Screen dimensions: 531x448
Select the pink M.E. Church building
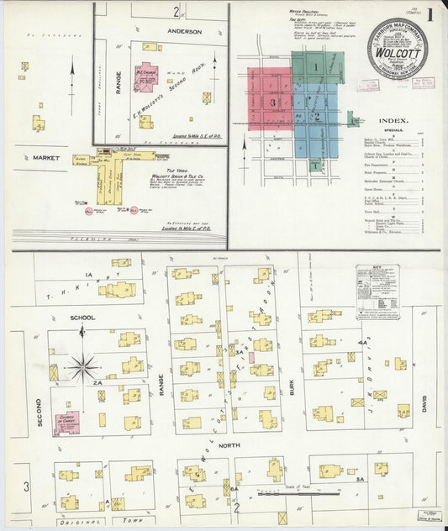tap(147, 76)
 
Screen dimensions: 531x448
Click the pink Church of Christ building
tap(66, 422)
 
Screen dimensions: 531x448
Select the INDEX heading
tap(393, 120)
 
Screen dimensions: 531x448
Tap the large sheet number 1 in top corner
tap(430, 13)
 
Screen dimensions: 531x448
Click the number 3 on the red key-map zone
tap(271, 102)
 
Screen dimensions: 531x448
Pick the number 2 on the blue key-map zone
tap(317, 116)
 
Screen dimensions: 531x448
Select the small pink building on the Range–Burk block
tap(250, 356)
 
